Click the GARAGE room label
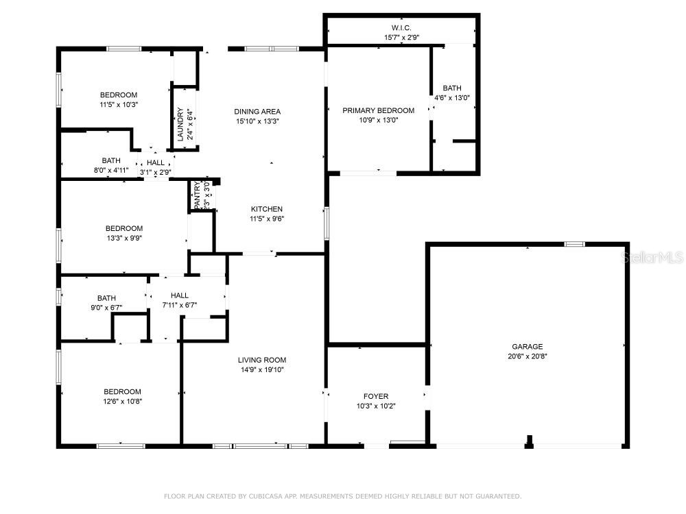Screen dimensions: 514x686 [x=527, y=347]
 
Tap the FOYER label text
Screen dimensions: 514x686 [x=375, y=396]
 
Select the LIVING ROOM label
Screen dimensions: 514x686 [x=261, y=360]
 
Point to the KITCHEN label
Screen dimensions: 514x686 [x=266, y=209]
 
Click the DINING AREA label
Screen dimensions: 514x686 [x=257, y=112]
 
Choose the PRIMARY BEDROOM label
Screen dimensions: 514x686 [x=378, y=110]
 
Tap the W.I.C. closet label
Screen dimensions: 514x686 [x=401, y=27]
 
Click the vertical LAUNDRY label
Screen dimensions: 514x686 [x=180, y=125]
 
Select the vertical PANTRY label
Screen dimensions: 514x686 [x=198, y=195]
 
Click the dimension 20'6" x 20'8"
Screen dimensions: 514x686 [x=527, y=356]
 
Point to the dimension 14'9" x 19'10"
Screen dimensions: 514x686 [x=261, y=370]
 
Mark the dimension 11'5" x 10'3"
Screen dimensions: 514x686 [x=119, y=105]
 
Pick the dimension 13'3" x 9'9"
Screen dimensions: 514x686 [x=123, y=238]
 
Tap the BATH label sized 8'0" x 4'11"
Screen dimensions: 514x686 [x=111, y=160]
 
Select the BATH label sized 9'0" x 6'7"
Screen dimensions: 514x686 [x=106, y=298]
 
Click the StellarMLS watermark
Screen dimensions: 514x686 [x=651, y=258]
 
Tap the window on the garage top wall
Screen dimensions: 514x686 [x=574, y=244]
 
